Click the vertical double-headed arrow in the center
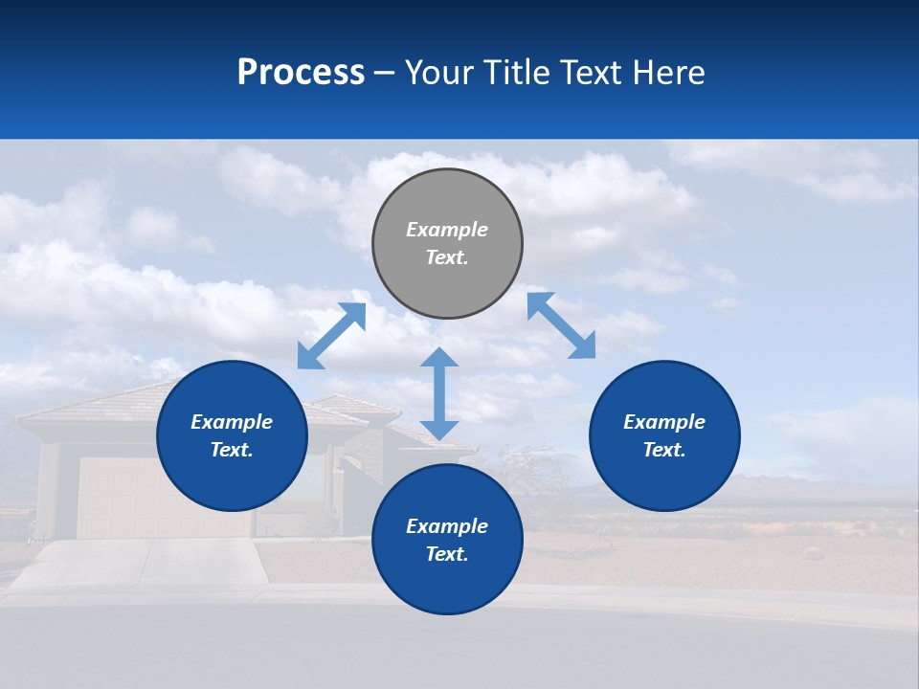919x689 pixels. point(439,393)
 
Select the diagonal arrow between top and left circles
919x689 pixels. point(331,336)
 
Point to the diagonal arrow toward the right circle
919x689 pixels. point(562,325)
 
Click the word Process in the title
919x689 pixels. point(301,73)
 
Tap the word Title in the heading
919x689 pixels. point(517,73)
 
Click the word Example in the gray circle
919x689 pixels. point(447,230)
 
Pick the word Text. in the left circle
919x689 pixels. point(232,450)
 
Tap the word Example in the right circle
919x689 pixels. point(664,422)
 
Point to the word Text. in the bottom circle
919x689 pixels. point(447,554)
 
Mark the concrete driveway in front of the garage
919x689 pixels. point(144,565)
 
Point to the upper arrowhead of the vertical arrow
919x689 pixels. point(439,359)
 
